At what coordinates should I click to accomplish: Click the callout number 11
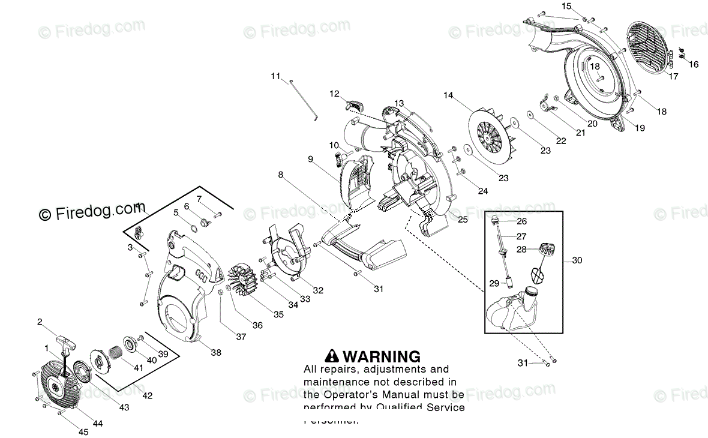pos(275,76)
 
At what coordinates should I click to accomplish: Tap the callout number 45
pos(83,431)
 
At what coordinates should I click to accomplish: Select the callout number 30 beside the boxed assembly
pos(577,260)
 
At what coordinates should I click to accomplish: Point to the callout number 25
pos(463,220)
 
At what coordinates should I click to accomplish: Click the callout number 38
pos(216,353)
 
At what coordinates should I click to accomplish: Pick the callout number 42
pos(147,395)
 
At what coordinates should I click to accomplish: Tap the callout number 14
pos(449,95)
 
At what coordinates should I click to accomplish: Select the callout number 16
pos(694,64)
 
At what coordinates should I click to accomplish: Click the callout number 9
pos(310,159)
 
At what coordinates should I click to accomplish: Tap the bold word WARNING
pos(381,357)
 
